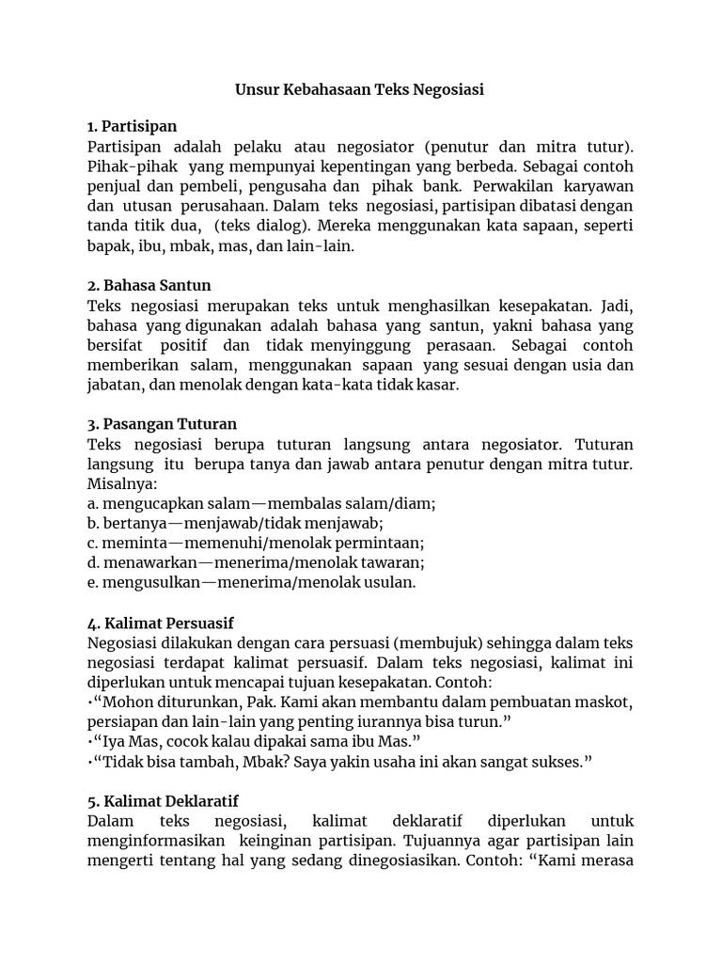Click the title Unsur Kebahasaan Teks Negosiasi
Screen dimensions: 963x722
pyautogui.click(x=360, y=90)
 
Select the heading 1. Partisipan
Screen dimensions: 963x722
pyautogui.click(x=132, y=126)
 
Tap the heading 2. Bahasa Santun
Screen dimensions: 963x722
pyautogui.click(x=149, y=285)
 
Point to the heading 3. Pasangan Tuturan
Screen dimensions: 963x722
pyautogui.click(x=162, y=423)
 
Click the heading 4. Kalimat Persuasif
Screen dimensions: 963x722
pyautogui.click(x=160, y=623)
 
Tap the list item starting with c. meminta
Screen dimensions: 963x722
pyautogui.click(x=256, y=543)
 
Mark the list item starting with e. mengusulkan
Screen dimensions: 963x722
pyautogui.click(x=251, y=582)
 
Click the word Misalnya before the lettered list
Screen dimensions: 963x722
pyautogui.click(x=121, y=483)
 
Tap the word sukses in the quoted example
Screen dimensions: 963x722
pyautogui.click(x=560, y=762)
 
